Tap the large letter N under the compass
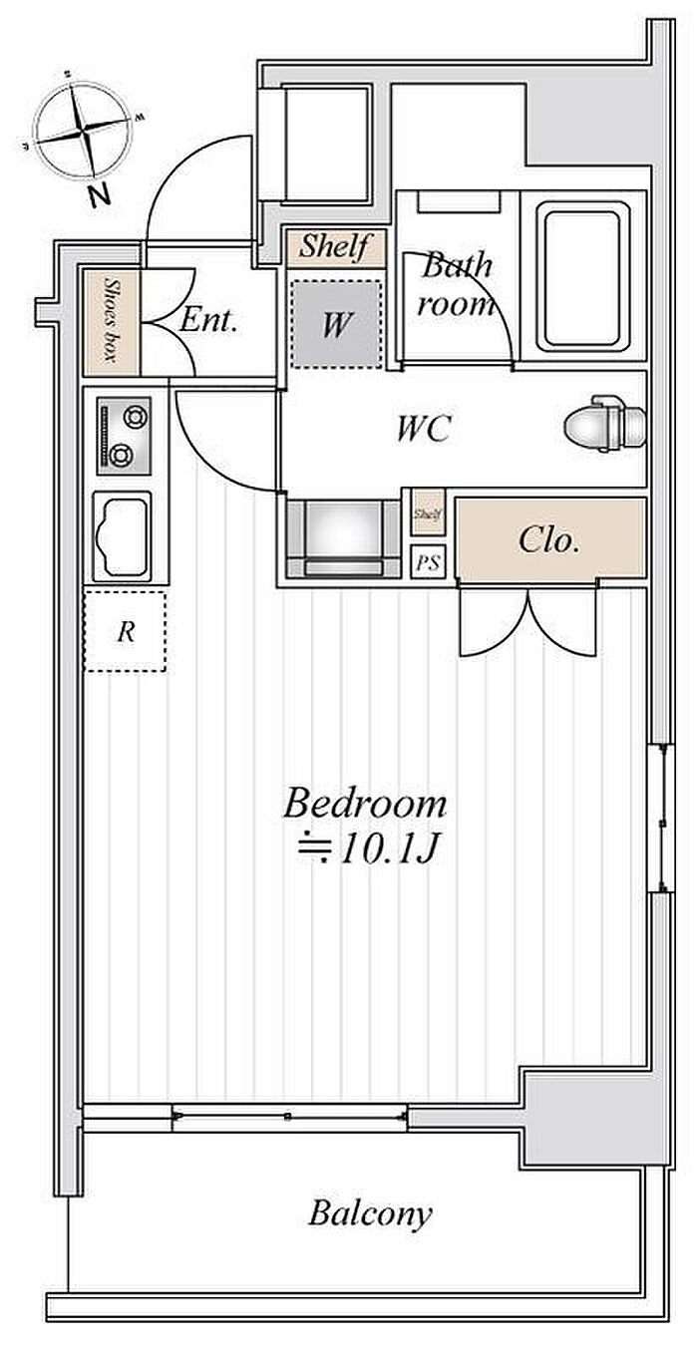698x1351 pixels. [x=99, y=196]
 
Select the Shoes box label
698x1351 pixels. [x=111, y=320]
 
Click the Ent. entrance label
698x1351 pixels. [x=207, y=320]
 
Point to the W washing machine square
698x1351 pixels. [x=336, y=324]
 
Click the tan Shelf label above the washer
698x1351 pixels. [x=335, y=246]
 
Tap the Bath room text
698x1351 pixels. [x=456, y=285]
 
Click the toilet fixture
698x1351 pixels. [x=605, y=423]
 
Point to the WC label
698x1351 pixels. [x=424, y=428]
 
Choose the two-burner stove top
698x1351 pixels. [x=124, y=435]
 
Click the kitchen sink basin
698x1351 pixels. [x=122, y=536]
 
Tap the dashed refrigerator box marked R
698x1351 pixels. [x=125, y=631]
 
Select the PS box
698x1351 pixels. [x=428, y=562]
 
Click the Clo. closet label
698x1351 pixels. [x=549, y=540]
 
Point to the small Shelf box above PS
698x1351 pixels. [x=429, y=513]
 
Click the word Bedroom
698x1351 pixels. [x=365, y=804]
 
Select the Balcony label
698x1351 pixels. [x=370, y=1213]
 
